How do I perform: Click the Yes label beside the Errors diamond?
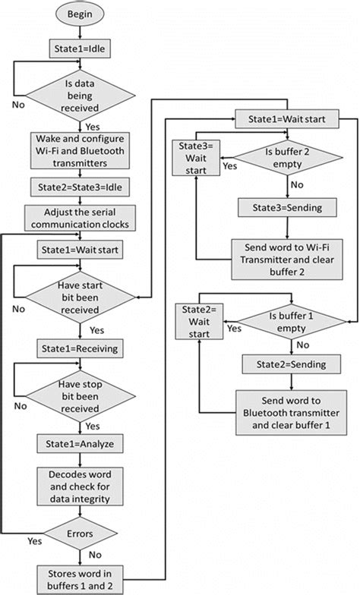click(x=33, y=542)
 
